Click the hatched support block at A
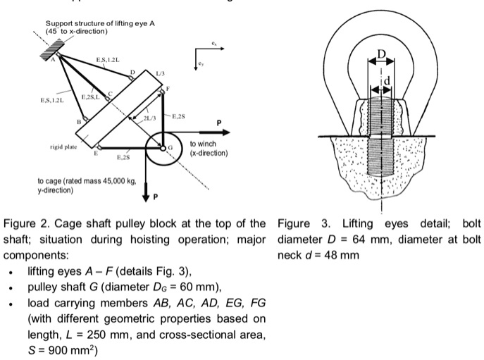[54, 48]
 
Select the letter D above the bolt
[381, 54]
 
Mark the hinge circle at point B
[85, 118]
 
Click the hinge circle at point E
[99, 147]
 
